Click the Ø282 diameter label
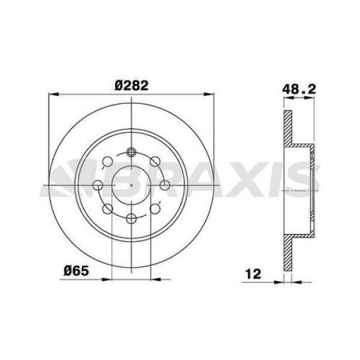(131, 85)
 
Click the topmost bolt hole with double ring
(131, 152)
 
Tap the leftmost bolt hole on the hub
(98, 185)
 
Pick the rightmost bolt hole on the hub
(164, 185)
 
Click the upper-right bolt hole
(155, 161)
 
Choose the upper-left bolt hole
(108, 161)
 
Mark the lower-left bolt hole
(108, 208)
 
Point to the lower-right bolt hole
(155, 208)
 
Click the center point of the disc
(131, 185)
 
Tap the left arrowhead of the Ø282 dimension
(52, 94)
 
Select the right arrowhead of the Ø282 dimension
(210, 94)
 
